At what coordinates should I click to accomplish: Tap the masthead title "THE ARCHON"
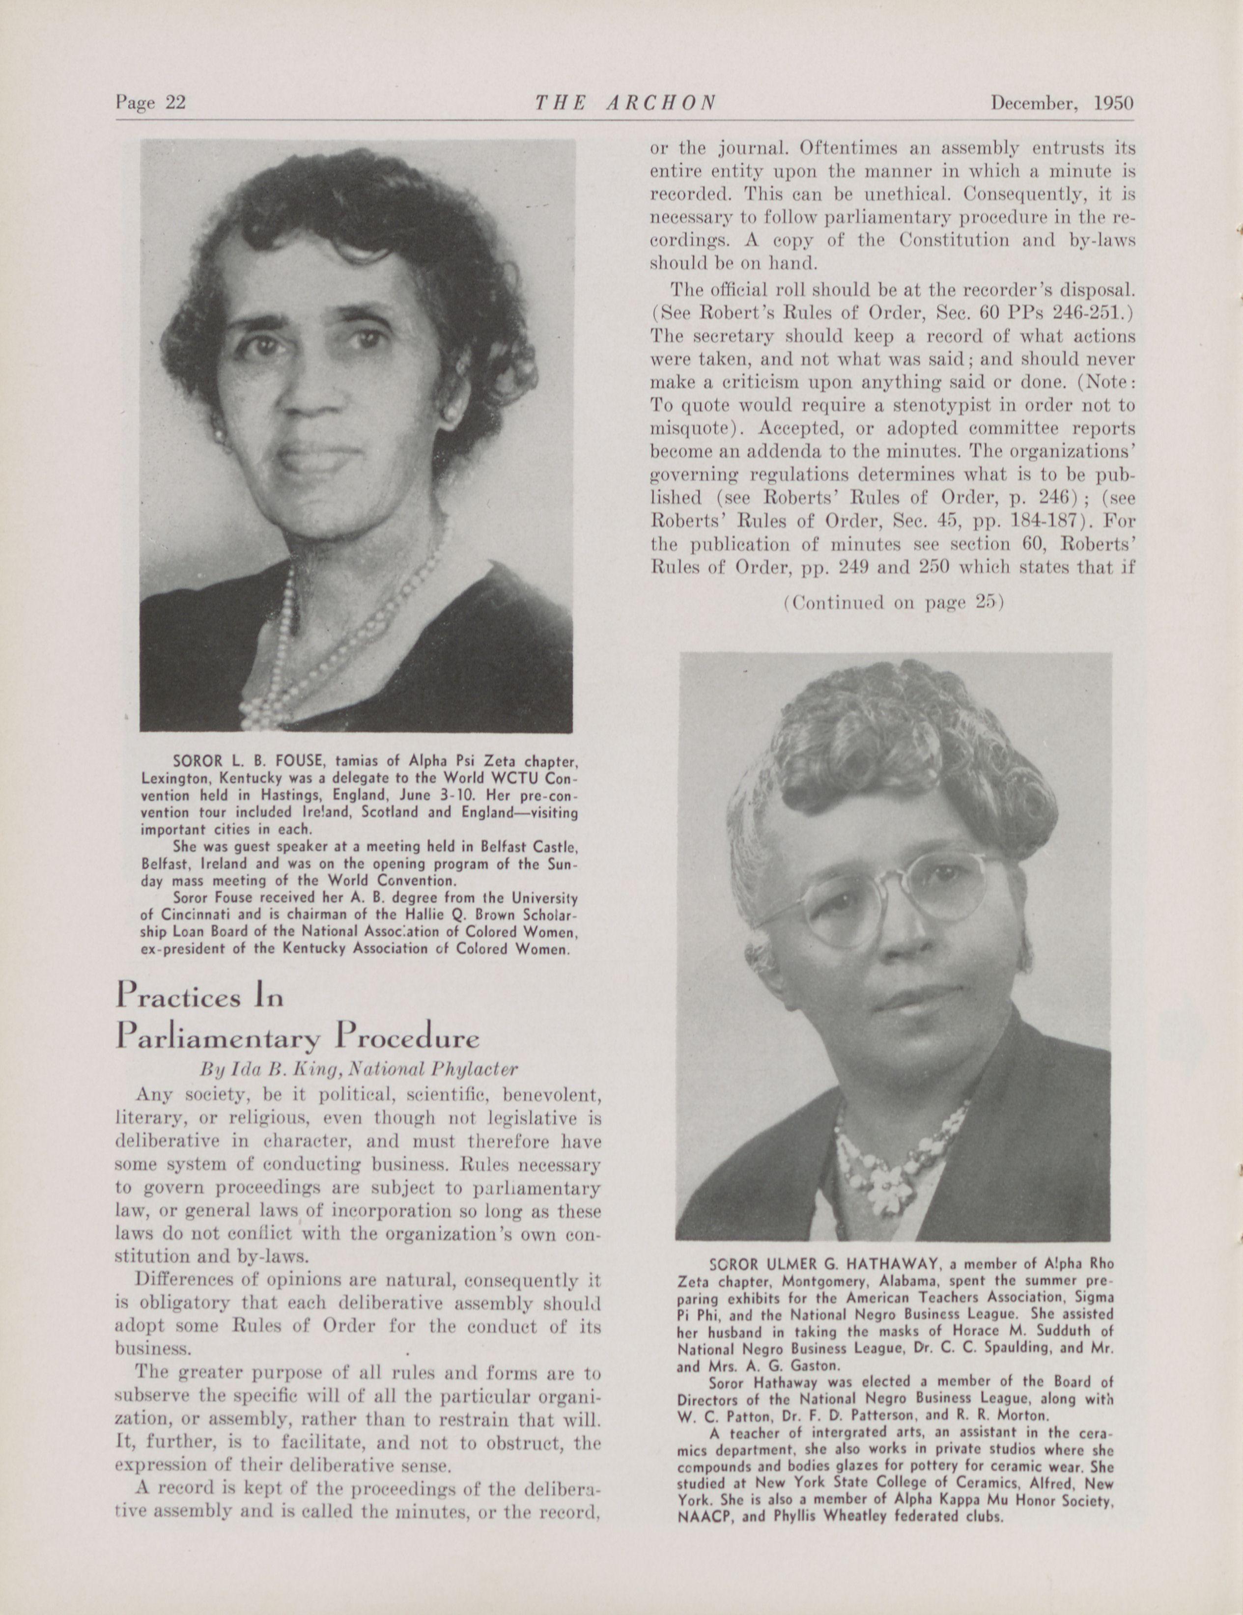click(625, 103)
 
